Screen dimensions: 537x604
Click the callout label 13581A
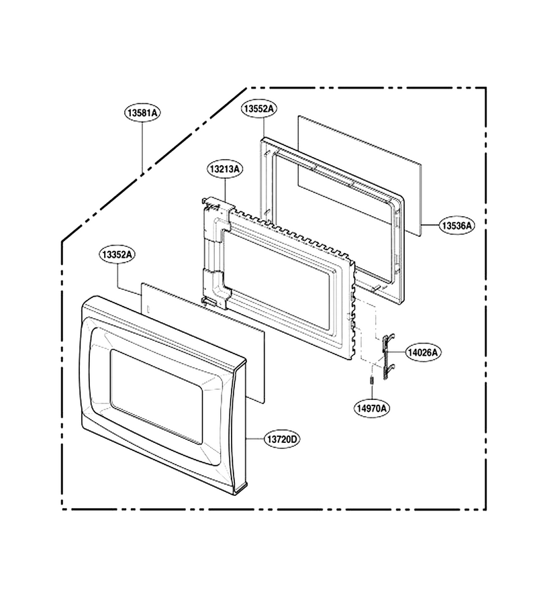[142, 113]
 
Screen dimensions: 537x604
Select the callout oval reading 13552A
[259, 109]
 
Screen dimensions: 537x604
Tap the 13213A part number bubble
[226, 168]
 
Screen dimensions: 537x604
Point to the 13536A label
[456, 225]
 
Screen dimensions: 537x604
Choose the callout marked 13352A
[117, 254]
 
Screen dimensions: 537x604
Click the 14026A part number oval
[424, 352]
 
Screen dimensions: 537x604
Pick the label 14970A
[371, 408]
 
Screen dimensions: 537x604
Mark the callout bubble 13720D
[282, 439]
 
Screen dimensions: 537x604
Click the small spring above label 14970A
[372, 380]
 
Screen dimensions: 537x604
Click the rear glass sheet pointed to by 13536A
[359, 175]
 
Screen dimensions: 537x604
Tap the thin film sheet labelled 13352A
[203, 343]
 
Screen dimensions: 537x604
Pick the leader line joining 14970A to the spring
[372, 392]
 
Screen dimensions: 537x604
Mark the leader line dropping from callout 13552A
[264, 128]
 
